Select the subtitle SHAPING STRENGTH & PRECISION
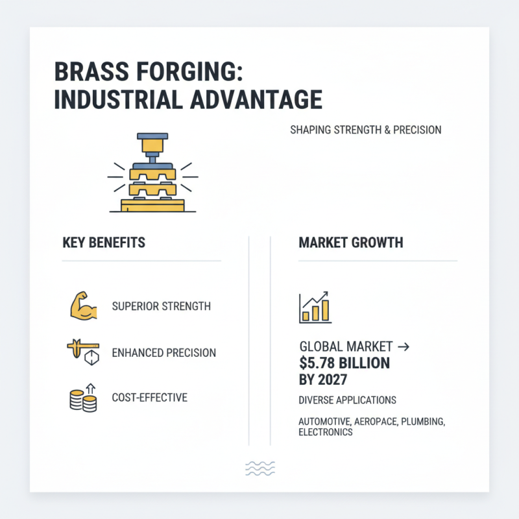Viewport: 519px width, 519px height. click(366, 130)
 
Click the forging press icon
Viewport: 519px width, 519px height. click(152, 173)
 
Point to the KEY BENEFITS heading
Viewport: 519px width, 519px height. click(104, 243)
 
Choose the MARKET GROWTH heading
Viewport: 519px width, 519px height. click(351, 243)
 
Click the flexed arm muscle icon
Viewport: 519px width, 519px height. click(82, 306)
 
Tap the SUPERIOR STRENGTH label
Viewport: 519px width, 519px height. click(162, 306)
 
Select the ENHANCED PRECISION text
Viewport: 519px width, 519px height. click(164, 353)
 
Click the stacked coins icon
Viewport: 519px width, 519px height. click(82, 397)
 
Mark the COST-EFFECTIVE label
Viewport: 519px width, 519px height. click(150, 397)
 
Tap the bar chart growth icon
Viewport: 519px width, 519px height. click(315, 307)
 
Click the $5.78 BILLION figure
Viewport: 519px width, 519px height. click(344, 363)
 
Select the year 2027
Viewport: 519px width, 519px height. click(332, 380)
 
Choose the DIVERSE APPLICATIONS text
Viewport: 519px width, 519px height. click(347, 400)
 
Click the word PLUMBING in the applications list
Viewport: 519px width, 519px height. click(422, 422)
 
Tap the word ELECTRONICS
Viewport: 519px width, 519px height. click(326, 432)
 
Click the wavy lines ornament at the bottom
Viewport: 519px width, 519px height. click(260, 468)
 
